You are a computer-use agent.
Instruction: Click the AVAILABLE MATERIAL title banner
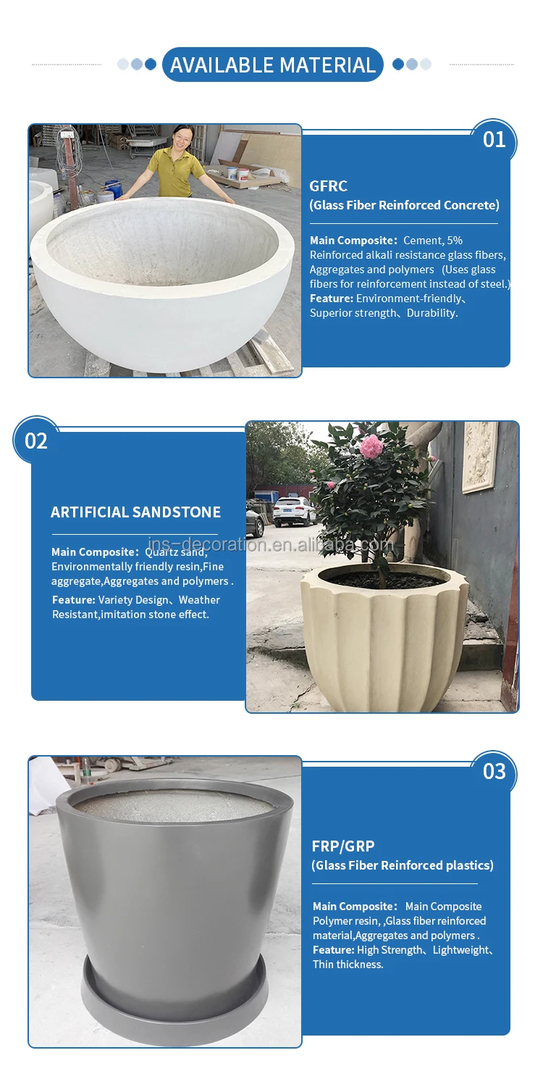272,65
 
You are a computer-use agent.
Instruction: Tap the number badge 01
494,139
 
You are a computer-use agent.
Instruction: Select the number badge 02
35,441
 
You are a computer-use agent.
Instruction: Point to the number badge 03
494,770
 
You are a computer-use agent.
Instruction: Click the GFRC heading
328,186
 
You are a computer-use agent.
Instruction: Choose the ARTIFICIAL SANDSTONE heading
135,512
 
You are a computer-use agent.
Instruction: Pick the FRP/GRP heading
343,846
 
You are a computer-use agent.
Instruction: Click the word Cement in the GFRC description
422,241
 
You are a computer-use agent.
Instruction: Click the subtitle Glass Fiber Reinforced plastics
403,865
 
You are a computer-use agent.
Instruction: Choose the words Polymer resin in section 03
345,921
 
